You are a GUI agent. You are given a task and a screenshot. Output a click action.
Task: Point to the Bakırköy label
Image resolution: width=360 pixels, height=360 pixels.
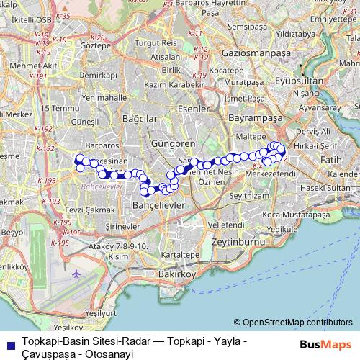tap(176, 274)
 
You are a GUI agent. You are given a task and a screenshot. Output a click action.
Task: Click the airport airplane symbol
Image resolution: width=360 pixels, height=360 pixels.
tap(77, 274)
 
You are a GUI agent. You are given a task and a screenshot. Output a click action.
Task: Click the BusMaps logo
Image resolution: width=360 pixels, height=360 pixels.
tap(325, 344)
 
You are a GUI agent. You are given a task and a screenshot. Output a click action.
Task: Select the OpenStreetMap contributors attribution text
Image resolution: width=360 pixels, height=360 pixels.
tap(293, 323)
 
